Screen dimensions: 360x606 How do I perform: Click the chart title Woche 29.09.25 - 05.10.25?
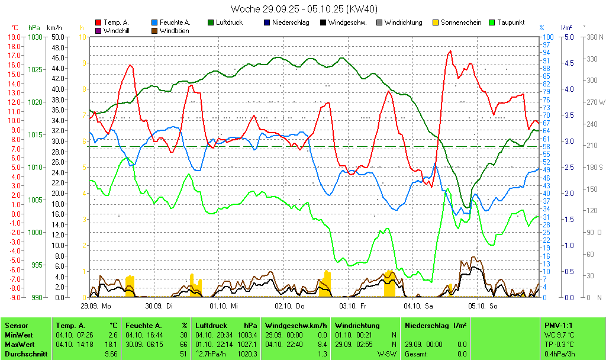(304, 9)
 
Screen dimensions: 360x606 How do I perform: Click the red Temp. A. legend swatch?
(98, 22)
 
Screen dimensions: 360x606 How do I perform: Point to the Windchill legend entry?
(116, 31)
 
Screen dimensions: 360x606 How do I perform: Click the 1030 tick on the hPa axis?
(35, 37)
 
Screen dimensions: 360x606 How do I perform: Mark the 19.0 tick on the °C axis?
(14, 37)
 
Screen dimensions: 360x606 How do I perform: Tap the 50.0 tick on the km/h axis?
(57, 37)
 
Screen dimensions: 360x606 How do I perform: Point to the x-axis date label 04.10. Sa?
(418, 306)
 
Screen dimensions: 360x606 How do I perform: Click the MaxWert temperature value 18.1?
(111, 344)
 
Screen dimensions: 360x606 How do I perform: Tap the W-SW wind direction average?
(387, 353)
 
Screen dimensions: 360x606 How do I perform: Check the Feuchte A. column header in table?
(143, 325)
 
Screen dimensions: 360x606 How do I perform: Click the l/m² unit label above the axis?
(566, 28)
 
